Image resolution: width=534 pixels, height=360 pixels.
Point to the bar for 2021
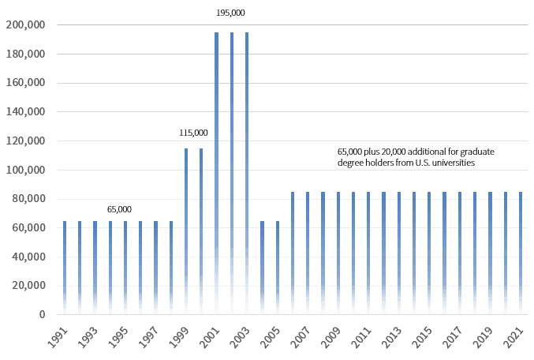521,253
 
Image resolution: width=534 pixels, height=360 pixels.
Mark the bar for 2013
399,253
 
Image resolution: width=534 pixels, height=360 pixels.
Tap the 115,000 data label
193,133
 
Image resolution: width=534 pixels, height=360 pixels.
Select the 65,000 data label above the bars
119,209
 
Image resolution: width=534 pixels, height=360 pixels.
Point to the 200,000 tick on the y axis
24,25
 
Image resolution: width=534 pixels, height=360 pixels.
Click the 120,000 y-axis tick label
24,141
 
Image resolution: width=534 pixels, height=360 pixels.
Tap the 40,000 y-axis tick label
27,257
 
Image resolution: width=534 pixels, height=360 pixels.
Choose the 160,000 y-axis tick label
24,83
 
